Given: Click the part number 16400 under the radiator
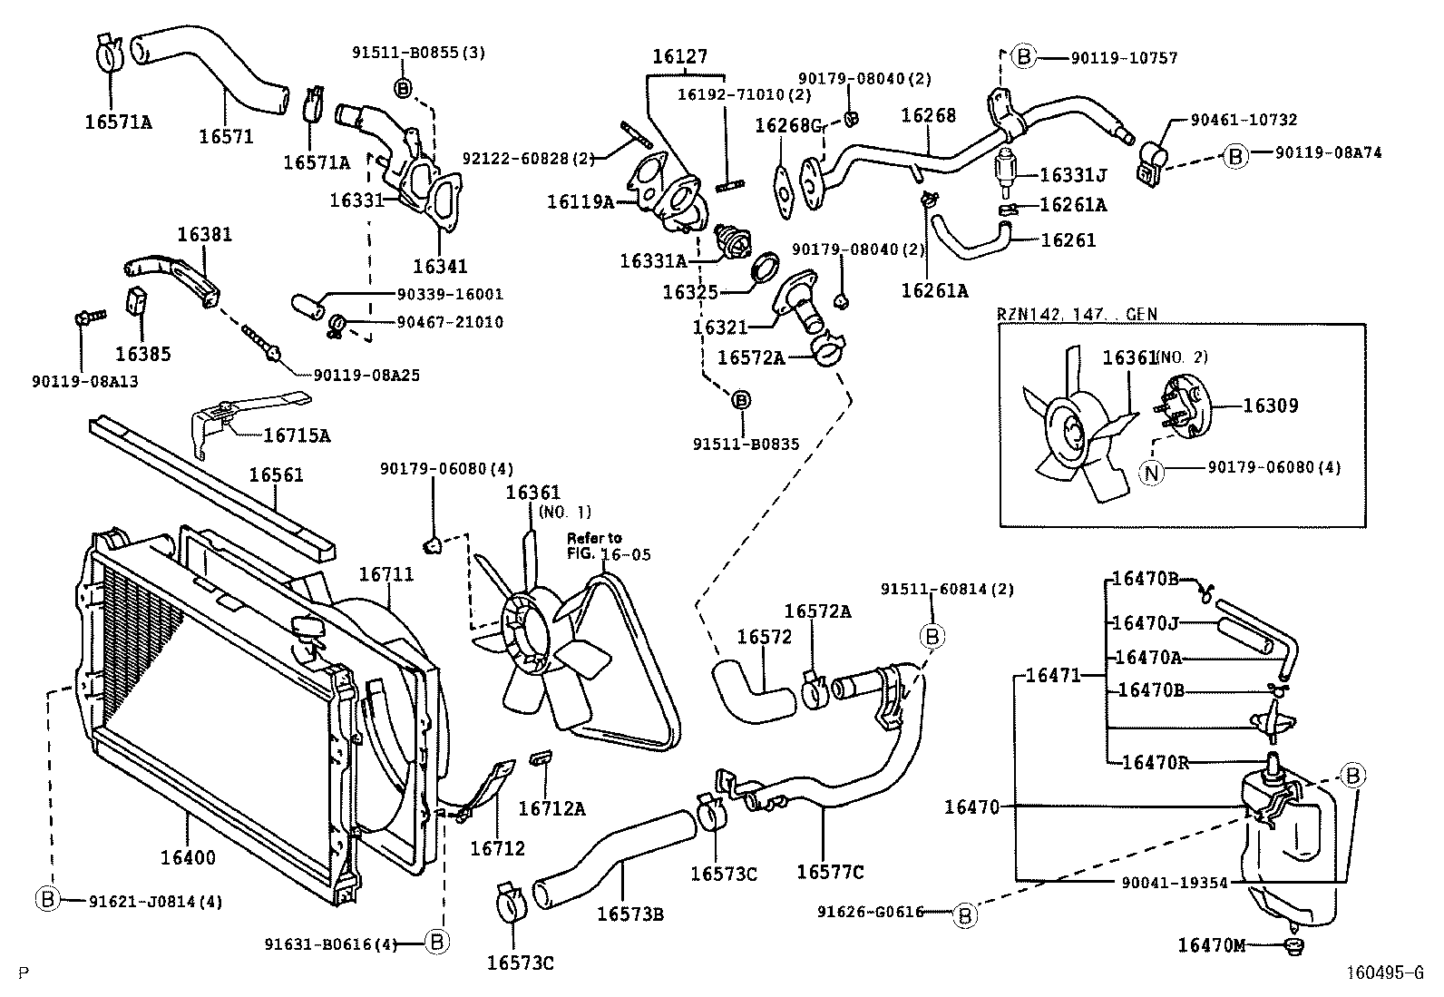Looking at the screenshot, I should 188,857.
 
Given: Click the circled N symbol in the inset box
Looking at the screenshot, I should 1151,472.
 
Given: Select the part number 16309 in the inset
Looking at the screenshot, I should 1270,406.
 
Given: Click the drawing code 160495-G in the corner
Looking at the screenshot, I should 1384,974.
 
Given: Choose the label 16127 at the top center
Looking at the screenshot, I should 679,56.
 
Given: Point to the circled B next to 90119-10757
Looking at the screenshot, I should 1023,57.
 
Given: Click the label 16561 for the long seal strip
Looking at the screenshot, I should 277,475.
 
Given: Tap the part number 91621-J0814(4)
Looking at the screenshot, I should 155,901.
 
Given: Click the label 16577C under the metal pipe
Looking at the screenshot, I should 830,873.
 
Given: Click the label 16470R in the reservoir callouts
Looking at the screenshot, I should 1155,762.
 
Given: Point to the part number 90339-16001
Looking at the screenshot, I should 450,295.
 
